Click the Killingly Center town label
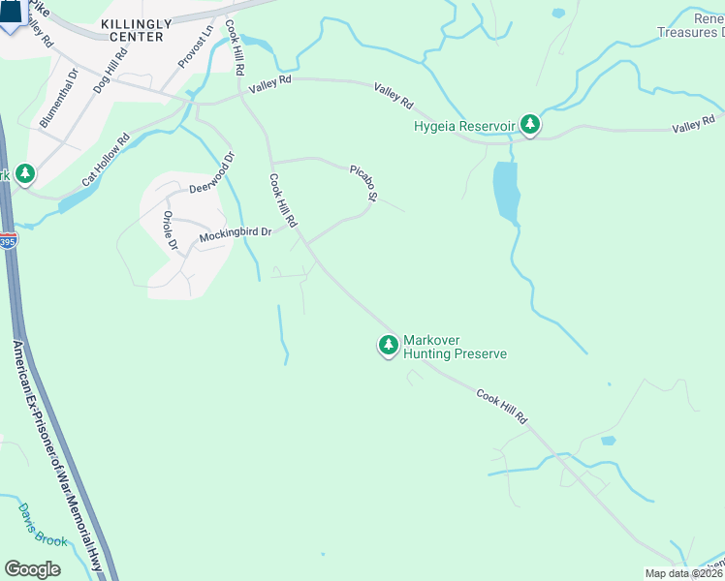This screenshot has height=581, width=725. (x=136, y=29)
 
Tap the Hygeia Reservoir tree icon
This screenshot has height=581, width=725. (x=529, y=124)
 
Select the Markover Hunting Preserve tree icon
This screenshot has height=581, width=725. (x=388, y=345)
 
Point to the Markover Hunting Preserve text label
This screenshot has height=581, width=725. (x=454, y=348)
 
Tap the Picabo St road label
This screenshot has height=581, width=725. (x=363, y=183)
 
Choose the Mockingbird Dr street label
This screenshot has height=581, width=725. (x=235, y=234)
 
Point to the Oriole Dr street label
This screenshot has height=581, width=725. (x=170, y=230)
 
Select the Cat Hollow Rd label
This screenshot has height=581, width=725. (x=106, y=161)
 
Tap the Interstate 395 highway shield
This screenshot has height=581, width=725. (x=7, y=239)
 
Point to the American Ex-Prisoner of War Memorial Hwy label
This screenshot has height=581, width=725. (x=58, y=455)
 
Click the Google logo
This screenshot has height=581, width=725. (x=33, y=569)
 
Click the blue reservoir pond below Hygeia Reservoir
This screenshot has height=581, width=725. (x=505, y=190)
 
